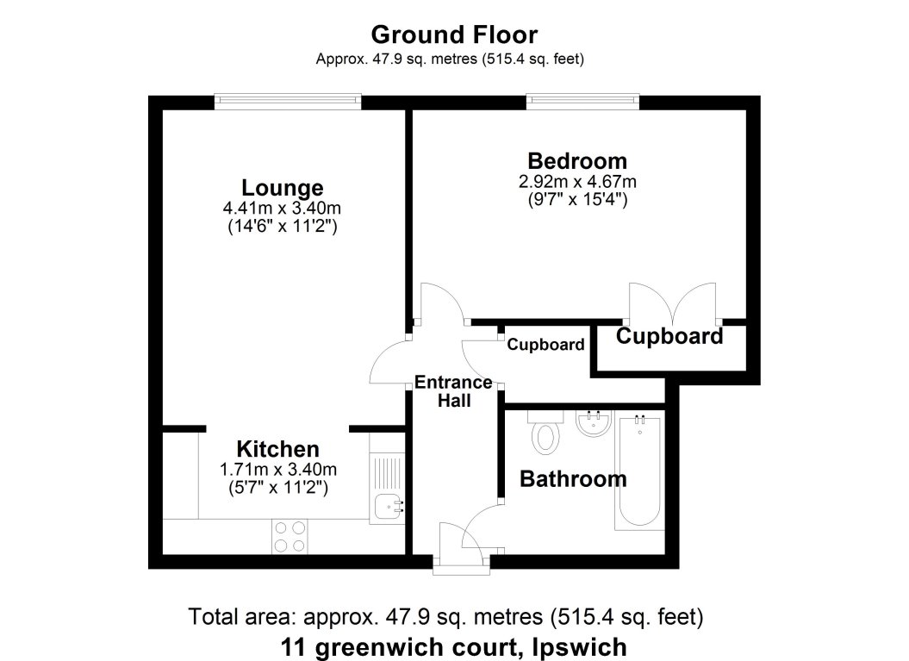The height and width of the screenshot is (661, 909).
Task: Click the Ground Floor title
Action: (x=454, y=35)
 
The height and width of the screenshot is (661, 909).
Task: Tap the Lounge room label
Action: (x=282, y=187)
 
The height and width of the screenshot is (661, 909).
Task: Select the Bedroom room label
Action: (x=576, y=161)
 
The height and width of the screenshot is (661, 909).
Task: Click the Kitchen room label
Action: (x=277, y=449)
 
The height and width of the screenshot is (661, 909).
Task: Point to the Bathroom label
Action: (x=573, y=479)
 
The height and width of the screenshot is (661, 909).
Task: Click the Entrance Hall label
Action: (x=453, y=391)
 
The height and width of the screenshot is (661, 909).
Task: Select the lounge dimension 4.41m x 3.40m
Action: (x=282, y=209)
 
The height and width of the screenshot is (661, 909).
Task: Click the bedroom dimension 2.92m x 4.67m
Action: (x=576, y=182)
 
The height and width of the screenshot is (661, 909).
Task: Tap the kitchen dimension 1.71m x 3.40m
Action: (x=277, y=470)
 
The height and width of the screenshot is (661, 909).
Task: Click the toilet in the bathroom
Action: (x=545, y=436)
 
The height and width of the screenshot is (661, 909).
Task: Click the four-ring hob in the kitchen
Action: (x=289, y=536)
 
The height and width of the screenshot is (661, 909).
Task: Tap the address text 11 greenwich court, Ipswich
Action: (x=453, y=646)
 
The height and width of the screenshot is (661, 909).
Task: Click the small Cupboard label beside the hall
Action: (x=545, y=345)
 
